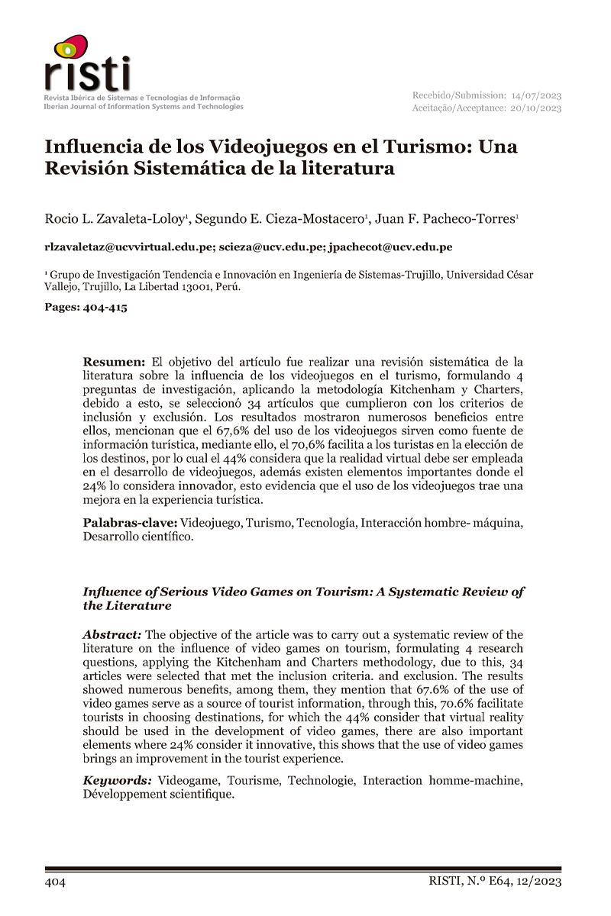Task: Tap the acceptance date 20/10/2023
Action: point(537,108)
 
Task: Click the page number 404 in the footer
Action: point(56,882)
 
